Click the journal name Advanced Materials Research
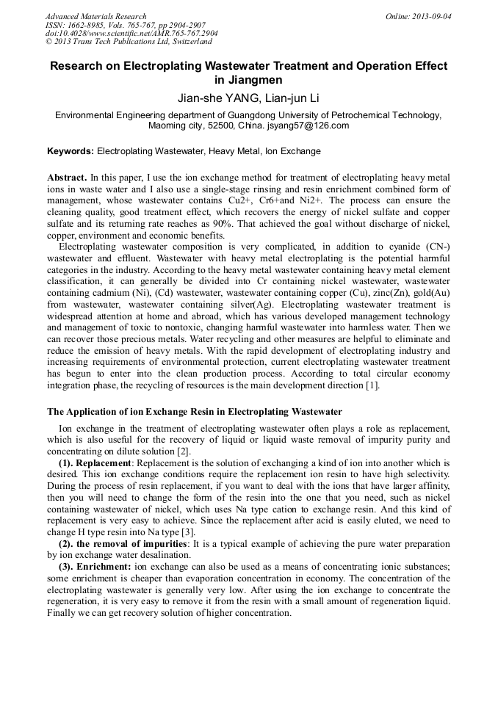(95, 16)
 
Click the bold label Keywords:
(70, 151)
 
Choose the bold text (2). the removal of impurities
(120, 543)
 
